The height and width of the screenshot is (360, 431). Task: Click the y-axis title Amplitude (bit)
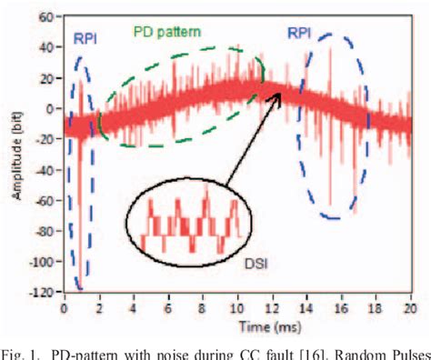point(12,155)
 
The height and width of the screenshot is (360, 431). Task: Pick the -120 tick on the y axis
point(41,293)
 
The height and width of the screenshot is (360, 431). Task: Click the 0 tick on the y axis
point(51,108)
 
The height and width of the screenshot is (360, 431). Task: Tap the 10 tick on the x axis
point(237,308)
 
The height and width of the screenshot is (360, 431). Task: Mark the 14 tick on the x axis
point(306,308)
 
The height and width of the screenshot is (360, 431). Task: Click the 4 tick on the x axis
point(135,308)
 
